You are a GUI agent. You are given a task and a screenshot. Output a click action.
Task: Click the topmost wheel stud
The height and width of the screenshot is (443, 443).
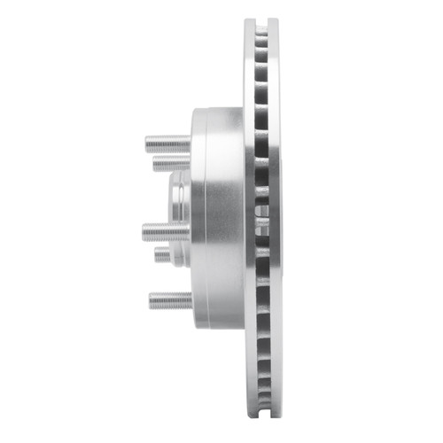pos(168,141)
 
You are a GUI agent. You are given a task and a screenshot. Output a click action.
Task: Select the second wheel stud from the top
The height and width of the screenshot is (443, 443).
pos(172,163)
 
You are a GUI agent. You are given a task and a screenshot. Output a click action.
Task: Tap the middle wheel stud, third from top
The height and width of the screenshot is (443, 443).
pos(167,232)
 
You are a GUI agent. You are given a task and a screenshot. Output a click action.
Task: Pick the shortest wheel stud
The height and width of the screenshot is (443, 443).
pos(164,255)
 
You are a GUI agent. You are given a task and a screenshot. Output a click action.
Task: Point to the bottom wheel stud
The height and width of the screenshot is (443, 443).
pos(170,300)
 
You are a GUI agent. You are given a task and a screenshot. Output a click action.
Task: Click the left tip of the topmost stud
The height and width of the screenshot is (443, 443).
pos(146,141)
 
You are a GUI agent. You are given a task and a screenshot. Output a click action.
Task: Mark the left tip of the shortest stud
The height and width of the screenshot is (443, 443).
pos(155,255)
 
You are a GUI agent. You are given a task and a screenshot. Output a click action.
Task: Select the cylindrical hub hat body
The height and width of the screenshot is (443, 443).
pos(217,221)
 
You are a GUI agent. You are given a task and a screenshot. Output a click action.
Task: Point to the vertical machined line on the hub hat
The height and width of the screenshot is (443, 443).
pos(206,221)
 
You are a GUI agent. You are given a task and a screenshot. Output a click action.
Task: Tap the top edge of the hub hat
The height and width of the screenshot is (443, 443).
pos(217,109)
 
